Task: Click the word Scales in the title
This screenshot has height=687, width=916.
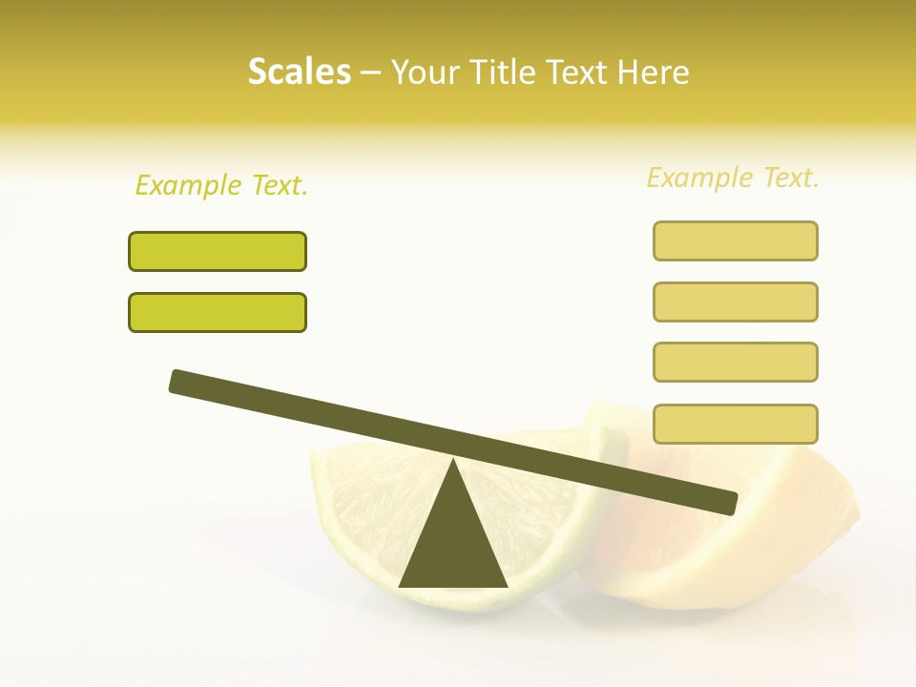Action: pos(299,72)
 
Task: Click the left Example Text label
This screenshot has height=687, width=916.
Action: pos(221,185)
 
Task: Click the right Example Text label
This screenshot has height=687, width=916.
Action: pos(733,177)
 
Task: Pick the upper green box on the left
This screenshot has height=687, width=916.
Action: pos(218,251)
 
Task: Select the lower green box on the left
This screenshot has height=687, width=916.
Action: pos(218,312)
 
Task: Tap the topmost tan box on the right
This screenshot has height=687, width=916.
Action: pos(735,240)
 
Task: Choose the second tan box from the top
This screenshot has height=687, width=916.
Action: pos(735,302)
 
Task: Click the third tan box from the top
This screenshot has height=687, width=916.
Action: pos(735,362)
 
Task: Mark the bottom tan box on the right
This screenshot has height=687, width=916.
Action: pos(735,424)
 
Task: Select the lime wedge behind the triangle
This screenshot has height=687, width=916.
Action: pos(363,496)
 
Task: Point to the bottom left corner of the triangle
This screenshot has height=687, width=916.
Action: pos(401,586)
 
